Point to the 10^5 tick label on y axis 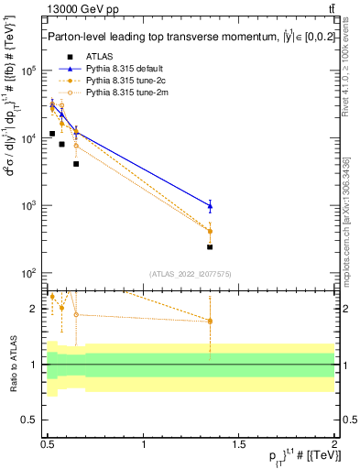[x=29, y=71]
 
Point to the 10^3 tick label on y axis [x=29, y=205]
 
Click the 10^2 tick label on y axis [x=29, y=273]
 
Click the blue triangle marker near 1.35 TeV [x=210, y=206]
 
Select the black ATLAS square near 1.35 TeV [x=210, y=246]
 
